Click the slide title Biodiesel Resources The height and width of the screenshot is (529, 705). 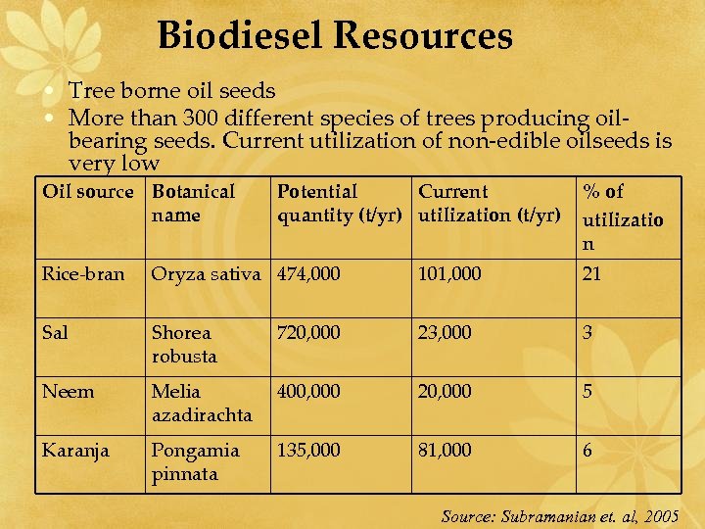click(335, 36)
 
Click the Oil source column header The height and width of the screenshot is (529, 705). click(87, 192)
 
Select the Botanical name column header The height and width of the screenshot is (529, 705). click(193, 203)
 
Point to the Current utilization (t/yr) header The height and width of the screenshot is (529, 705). click(490, 203)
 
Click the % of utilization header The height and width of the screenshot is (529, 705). click(623, 216)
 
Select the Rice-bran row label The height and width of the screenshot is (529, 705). click(83, 274)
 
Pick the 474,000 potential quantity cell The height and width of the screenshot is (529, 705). click(309, 274)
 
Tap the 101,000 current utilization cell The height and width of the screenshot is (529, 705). click(449, 274)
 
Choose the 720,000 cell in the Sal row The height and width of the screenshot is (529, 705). click(309, 333)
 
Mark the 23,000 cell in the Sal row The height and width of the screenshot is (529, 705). click(445, 333)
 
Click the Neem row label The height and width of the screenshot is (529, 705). click(69, 392)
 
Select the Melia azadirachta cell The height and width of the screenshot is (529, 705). click(202, 403)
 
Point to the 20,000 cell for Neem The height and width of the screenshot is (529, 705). click(445, 392)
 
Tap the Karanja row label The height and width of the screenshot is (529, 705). click(75, 451)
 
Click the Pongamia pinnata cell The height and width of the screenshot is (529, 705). click(195, 461)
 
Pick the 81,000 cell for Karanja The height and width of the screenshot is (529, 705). click(445, 451)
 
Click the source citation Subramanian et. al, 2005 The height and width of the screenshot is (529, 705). click(560, 516)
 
